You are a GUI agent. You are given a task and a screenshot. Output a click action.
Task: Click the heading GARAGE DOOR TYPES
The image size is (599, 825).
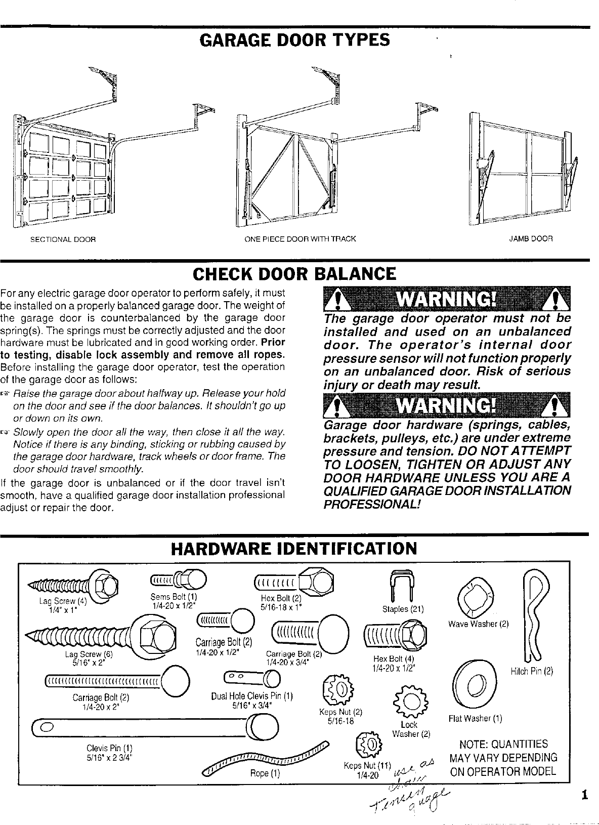coord(295,40)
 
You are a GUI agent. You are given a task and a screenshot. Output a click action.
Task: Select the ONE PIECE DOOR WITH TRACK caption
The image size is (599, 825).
coord(300,239)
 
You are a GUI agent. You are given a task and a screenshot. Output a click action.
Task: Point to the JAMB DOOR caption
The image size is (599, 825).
coord(531,238)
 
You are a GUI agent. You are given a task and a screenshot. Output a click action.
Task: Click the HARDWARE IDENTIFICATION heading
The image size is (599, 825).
coord(294,549)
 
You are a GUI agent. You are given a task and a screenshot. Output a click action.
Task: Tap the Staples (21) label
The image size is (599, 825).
coord(403,609)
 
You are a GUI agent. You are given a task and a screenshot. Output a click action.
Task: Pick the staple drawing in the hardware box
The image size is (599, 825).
coord(403,587)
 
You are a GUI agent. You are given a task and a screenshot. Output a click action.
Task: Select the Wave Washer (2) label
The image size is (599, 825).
coord(478,624)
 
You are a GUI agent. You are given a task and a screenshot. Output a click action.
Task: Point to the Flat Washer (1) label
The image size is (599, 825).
coord(476,718)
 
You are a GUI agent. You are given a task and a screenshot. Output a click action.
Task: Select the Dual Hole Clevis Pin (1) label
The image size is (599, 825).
coord(252,695)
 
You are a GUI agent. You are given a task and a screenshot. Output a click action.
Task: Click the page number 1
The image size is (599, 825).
coord(584,795)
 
